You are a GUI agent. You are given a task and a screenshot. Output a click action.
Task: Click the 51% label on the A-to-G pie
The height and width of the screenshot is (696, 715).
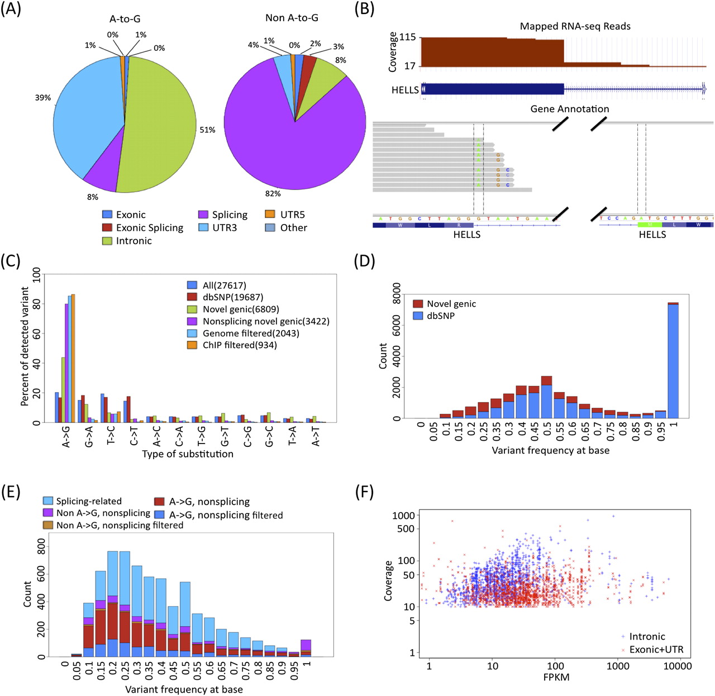[207, 130]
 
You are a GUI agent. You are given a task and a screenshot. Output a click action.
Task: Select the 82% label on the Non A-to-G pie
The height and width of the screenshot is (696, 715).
[273, 193]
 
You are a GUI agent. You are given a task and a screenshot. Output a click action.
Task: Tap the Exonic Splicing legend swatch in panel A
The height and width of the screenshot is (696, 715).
[107, 228]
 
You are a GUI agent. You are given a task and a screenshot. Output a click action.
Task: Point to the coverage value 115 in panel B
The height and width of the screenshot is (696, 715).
[408, 37]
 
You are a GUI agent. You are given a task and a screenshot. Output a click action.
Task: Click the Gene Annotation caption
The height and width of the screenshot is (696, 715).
[569, 109]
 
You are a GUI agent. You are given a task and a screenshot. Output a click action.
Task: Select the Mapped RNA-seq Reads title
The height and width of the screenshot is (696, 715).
[575, 26]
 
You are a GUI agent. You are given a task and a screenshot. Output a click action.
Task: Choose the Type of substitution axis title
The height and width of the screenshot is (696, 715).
[188, 454]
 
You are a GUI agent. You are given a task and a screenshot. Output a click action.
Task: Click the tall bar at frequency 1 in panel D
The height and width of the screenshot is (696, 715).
[673, 361]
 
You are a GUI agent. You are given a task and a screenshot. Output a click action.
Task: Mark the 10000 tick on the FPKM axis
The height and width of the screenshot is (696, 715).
[677, 666]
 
